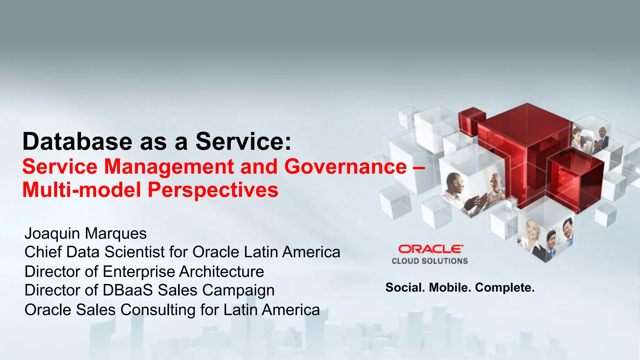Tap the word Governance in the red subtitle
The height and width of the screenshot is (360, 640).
(x=345, y=166)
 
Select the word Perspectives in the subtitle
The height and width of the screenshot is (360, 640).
(x=213, y=190)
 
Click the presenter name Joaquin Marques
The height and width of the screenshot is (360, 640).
(x=86, y=233)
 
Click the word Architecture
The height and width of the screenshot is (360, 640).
(x=222, y=271)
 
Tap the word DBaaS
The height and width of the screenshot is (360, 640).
(x=127, y=290)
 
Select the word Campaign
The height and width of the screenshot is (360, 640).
(x=238, y=291)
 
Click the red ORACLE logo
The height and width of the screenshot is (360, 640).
(x=430, y=249)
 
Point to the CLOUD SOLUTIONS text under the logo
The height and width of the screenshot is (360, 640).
(x=430, y=261)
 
